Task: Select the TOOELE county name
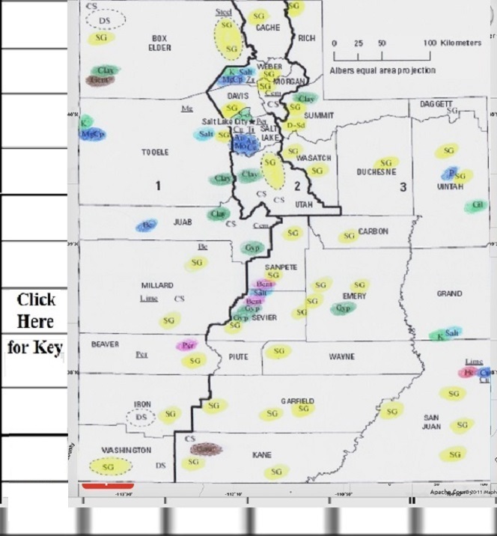tap(155, 152)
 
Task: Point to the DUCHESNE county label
tap(379, 171)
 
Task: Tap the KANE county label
tap(262, 454)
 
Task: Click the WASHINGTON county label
tap(126, 450)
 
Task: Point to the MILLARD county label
tap(157, 286)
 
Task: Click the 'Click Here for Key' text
tap(36, 323)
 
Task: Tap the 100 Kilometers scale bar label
tap(452, 43)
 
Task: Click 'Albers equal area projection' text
tap(382, 70)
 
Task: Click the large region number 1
tap(158, 186)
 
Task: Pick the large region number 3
tap(403, 186)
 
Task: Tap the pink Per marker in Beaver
tap(188, 345)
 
